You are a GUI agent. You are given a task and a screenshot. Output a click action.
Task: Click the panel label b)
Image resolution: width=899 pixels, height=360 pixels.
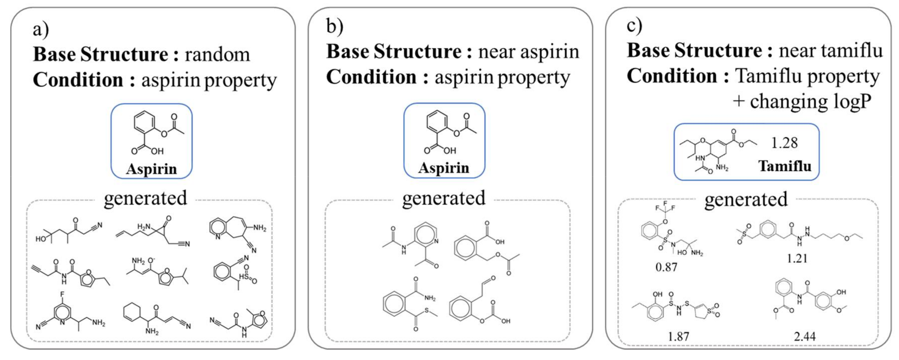(x=334, y=27)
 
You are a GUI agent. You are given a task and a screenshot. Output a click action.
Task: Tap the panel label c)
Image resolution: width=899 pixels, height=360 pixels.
(x=634, y=25)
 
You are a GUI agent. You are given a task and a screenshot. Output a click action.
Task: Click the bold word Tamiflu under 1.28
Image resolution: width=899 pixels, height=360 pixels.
(x=785, y=166)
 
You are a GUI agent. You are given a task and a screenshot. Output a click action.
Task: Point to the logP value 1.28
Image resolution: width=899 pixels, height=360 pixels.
(x=784, y=143)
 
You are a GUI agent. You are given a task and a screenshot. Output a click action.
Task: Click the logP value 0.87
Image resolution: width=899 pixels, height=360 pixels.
(x=666, y=267)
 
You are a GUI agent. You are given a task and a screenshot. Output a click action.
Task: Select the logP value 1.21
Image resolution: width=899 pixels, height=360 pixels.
(x=797, y=259)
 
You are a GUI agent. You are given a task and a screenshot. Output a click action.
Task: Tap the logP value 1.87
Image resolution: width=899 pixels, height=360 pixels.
(x=678, y=337)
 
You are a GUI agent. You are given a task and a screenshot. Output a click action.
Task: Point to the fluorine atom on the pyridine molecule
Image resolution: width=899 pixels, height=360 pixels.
(x=62, y=294)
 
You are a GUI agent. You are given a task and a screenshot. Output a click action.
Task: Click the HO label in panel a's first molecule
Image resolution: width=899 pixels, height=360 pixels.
(x=41, y=239)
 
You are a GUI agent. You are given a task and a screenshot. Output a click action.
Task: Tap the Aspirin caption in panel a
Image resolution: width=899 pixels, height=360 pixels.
(x=151, y=169)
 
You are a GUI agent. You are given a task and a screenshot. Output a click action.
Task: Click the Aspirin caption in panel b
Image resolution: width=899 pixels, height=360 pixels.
(x=444, y=168)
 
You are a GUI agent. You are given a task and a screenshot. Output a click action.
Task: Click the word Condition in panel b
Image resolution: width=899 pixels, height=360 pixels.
(x=371, y=77)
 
